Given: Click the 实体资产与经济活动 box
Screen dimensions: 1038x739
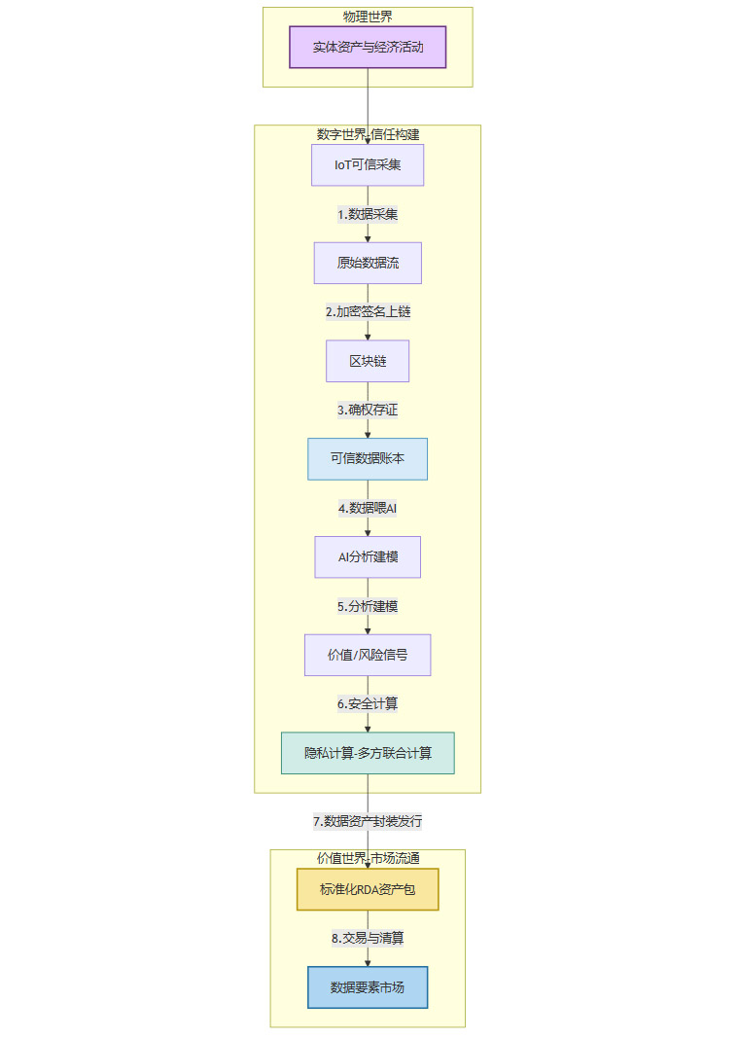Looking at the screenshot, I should [368, 47].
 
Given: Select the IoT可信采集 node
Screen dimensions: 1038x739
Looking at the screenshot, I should [368, 164].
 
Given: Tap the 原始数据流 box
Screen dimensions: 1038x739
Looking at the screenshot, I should [368, 263].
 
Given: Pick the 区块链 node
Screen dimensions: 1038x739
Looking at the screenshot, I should [368, 361].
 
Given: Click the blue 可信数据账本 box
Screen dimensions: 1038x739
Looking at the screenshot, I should [368, 459].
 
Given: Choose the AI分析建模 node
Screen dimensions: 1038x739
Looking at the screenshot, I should [368, 557].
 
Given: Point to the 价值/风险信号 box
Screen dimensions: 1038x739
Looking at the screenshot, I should [368, 655].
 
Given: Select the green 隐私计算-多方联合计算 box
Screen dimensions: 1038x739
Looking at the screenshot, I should [368, 753].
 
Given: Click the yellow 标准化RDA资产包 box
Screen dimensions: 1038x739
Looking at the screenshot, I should [368, 889].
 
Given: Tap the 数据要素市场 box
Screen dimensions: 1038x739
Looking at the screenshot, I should [368, 987].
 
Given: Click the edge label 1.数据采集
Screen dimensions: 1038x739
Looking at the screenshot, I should [368, 214].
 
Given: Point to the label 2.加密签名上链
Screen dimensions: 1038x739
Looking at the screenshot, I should [368, 312].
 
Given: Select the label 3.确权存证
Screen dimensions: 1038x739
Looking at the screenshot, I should [368, 411].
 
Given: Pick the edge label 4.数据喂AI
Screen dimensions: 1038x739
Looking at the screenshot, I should [368, 508].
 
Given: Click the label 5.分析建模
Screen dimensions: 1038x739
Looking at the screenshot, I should [368, 606].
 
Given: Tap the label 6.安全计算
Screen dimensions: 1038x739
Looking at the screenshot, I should [368, 703].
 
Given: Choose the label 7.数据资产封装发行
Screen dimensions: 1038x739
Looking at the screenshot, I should [368, 821].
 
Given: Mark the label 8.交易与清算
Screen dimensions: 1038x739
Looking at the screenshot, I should [368, 939].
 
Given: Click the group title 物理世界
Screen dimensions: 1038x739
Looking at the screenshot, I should [368, 17].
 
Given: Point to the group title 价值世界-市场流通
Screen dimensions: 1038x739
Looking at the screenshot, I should [368, 858].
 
